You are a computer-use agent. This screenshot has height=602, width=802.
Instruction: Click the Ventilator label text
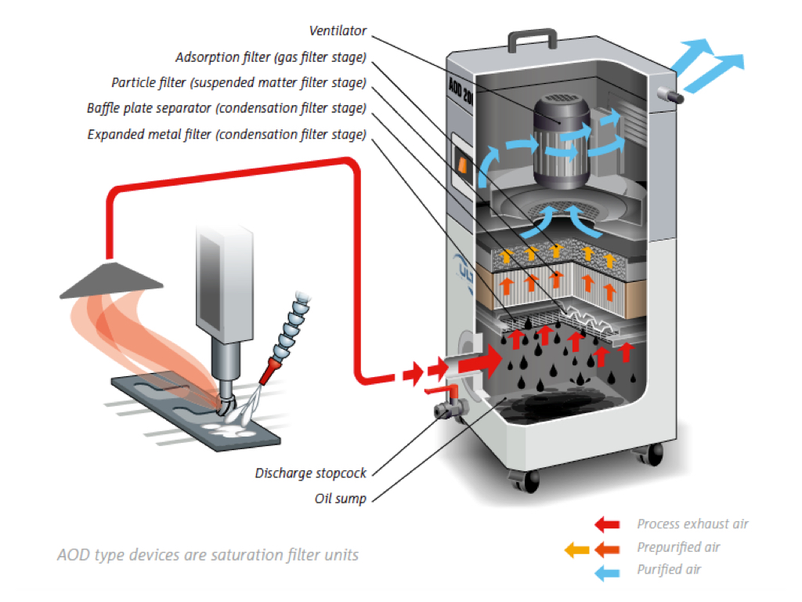point(338,31)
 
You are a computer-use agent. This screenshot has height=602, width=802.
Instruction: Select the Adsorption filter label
point(271,57)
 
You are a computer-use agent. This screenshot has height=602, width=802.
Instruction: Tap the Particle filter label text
point(239,82)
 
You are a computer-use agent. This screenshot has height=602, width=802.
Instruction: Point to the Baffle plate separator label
point(226,107)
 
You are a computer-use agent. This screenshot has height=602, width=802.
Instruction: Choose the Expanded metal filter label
point(226,134)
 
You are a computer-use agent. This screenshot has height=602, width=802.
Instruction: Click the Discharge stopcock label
point(310,473)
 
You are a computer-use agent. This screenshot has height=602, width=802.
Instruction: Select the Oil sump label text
point(340,499)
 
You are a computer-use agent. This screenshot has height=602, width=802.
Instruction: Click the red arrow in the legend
point(607,524)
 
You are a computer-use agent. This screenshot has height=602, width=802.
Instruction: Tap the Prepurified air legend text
point(678,547)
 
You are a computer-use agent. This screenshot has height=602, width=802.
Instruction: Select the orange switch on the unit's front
point(462,165)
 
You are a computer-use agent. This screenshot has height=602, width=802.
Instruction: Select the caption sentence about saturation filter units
point(208,555)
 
